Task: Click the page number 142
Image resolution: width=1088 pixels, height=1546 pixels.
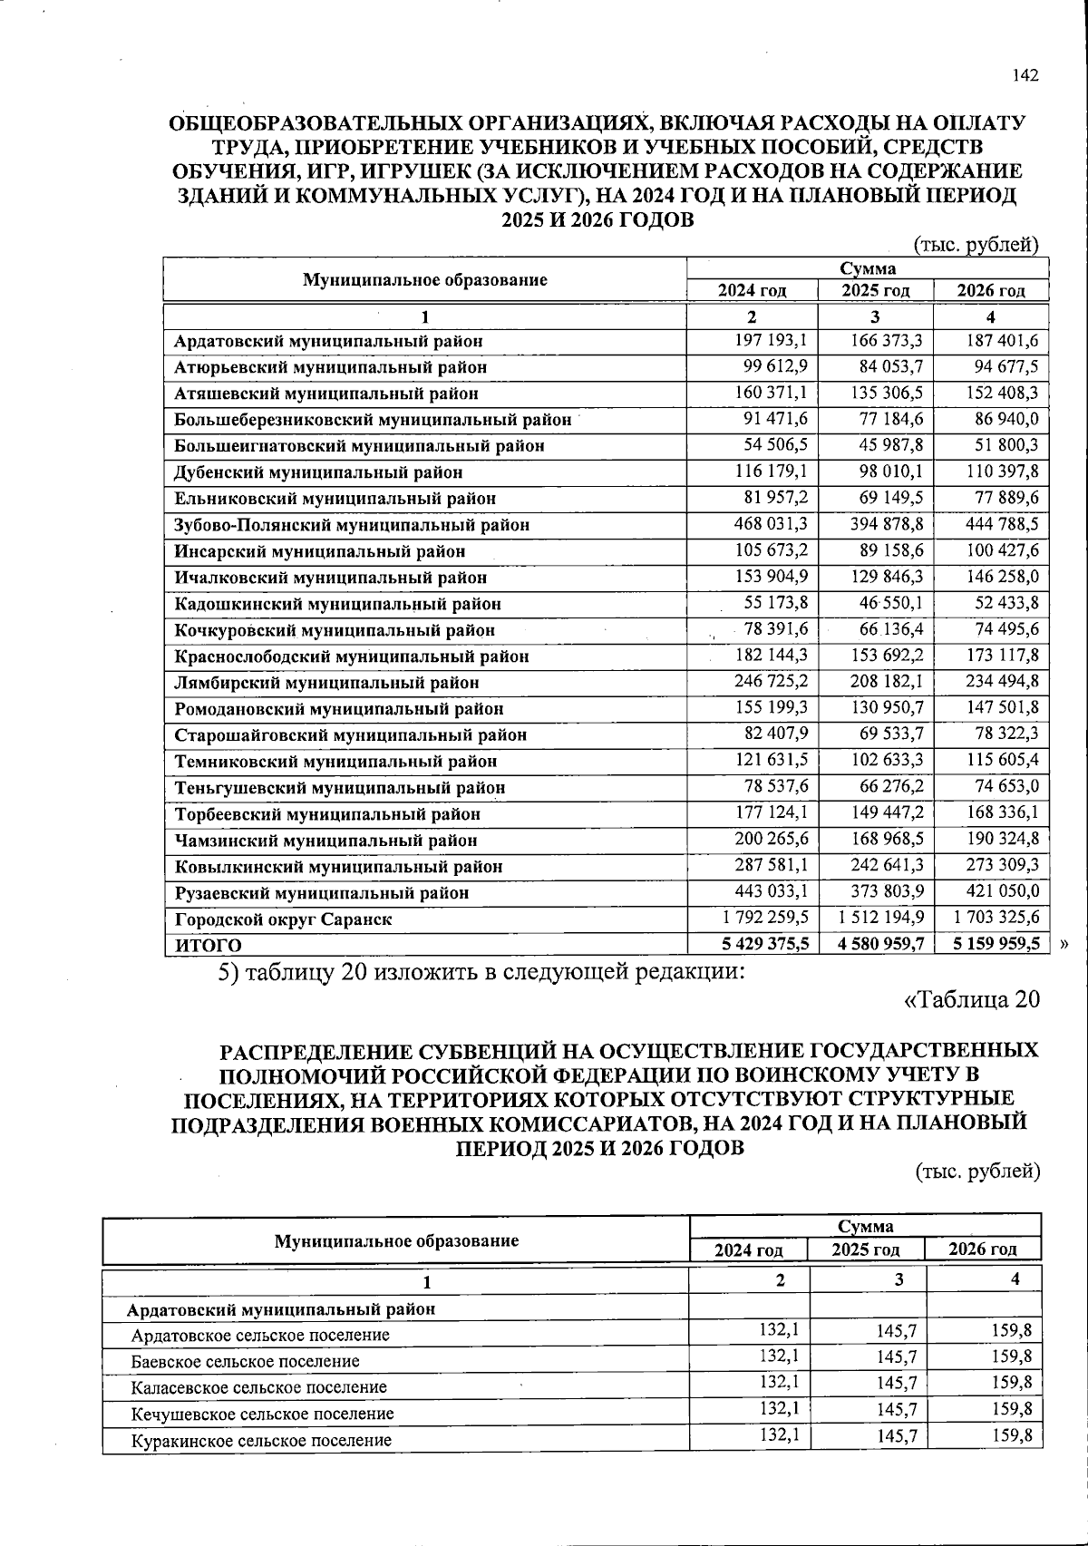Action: click(x=1025, y=76)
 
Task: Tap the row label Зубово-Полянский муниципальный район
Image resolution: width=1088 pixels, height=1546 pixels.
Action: click(x=352, y=525)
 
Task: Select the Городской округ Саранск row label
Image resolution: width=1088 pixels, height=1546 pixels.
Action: click(x=283, y=919)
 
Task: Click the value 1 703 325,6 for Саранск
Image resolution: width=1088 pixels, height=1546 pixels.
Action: click(x=996, y=918)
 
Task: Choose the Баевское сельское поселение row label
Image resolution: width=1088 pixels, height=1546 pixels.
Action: click(x=245, y=1361)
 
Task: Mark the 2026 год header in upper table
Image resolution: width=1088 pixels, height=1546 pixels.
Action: click(x=991, y=290)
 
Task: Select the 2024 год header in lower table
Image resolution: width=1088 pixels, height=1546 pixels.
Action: click(x=748, y=1249)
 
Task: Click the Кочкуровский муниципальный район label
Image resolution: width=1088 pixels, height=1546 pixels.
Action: click(x=335, y=630)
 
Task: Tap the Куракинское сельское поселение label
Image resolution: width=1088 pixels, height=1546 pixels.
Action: click(x=261, y=1440)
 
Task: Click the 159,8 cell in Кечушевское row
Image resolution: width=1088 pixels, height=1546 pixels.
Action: click(x=1011, y=1409)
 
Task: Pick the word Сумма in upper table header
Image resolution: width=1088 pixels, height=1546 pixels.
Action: click(x=867, y=268)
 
